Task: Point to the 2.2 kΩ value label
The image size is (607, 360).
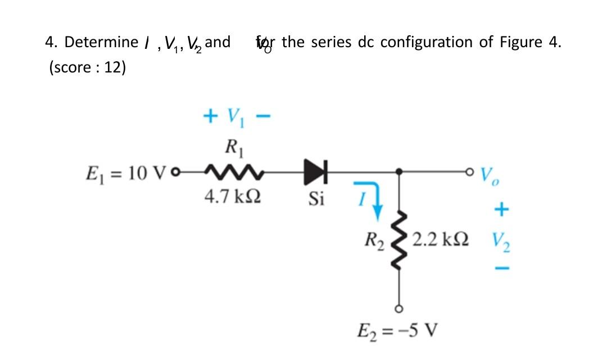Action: pyautogui.click(x=441, y=242)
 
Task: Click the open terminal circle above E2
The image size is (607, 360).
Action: pyautogui.click(x=400, y=308)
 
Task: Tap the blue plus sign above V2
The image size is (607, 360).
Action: pyautogui.click(x=500, y=210)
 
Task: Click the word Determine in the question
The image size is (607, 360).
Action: pyautogui.click(x=101, y=42)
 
